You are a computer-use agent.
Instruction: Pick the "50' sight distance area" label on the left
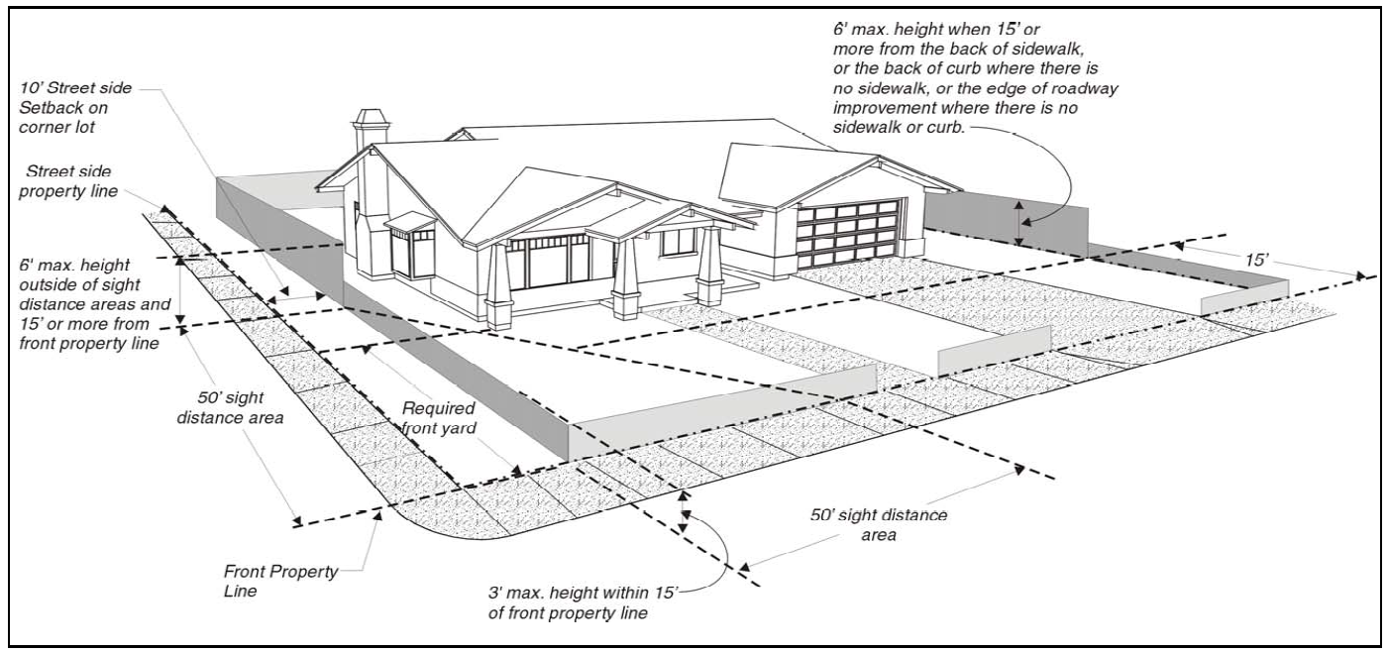point(243,407)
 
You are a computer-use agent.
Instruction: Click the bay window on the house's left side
point(412,248)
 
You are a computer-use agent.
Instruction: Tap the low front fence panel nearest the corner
point(723,401)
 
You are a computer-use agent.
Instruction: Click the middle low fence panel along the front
point(994,348)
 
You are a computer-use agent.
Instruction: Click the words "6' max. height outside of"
point(83,267)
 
